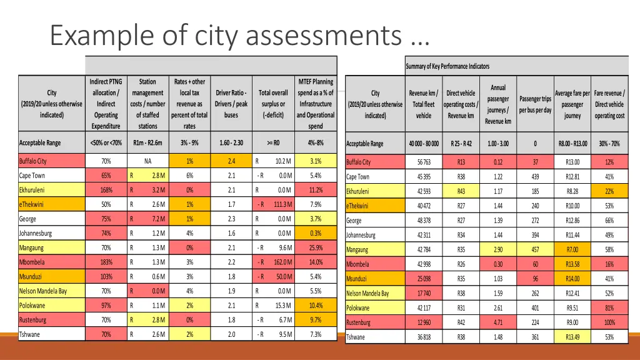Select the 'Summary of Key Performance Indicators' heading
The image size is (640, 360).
(x=447, y=66)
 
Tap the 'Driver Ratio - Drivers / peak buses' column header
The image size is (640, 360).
(x=231, y=104)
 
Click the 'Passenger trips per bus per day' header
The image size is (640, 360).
(x=535, y=104)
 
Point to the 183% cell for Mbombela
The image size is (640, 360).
(x=106, y=262)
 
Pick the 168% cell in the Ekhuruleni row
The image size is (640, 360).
(x=106, y=190)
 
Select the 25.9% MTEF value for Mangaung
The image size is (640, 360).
(x=316, y=248)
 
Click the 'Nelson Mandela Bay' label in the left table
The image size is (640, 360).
(x=43, y=291)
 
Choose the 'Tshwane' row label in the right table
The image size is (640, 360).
(x=357, y=337)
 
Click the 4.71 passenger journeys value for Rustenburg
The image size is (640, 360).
(x=498, y=323)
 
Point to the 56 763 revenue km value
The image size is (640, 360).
(x=424, y=162)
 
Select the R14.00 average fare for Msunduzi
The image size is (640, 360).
(x=572, y=279)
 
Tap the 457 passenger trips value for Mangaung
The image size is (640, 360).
(x=535, y=250)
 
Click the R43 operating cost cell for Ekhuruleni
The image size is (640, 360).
(x=461, y=191)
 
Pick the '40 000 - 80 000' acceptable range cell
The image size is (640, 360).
(x=424, y=144)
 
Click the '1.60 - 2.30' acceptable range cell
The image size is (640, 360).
(x=231, y=143)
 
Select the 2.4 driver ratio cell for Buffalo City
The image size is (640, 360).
(x=231, y=161)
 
